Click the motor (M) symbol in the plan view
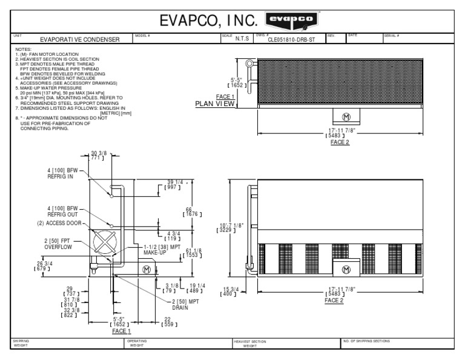click(x=346, y=116)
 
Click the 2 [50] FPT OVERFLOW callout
click(x=58, y=244)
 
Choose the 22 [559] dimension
click(x=168, y=322)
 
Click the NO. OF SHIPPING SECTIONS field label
click(x=367, y=341)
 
